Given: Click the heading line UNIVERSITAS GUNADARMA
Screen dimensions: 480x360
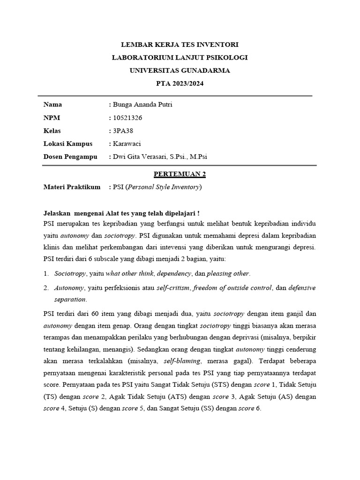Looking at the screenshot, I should click(x=180, y=71).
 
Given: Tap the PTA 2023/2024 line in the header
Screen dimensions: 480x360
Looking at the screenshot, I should click(x=180, y=84).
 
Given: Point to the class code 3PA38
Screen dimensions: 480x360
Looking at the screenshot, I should click(x=123, y=131).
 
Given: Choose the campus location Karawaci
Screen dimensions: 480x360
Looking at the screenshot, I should click(x=127, y=144).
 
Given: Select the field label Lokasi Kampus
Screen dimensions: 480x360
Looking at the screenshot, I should click(x=67, y=144).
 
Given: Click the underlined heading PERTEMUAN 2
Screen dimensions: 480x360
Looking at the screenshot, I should click(x=180, y=174).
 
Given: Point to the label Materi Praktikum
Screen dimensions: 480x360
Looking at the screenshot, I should click(x=72, y=187).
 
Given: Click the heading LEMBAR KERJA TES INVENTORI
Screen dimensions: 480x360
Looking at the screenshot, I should click(x=180, y=45).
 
